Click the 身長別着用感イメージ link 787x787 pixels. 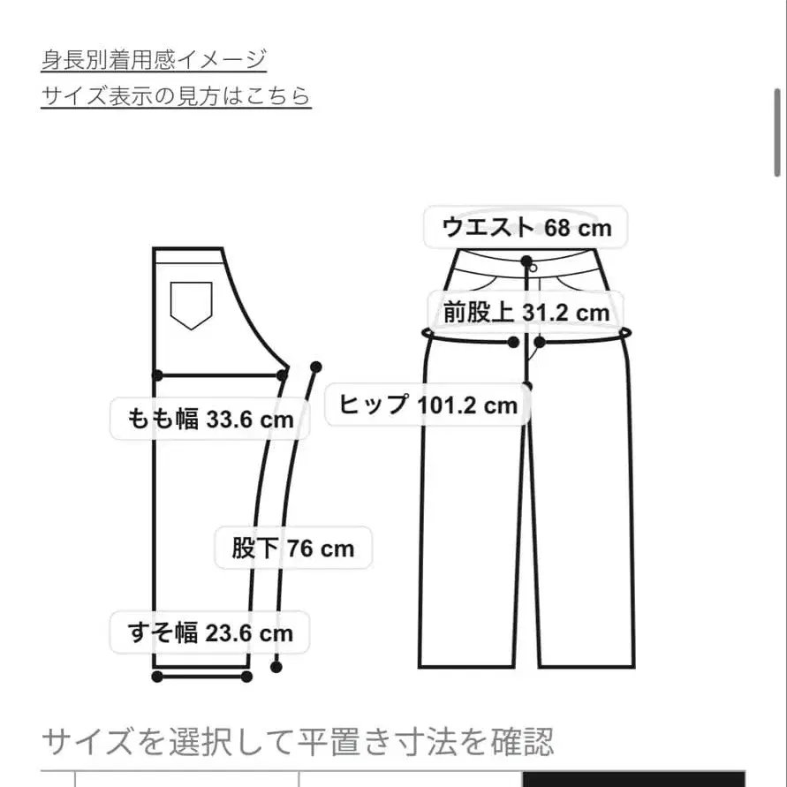(x=154, y=60)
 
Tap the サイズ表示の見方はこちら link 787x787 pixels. (x=176, y=95)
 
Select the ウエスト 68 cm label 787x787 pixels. (x=526, y=228)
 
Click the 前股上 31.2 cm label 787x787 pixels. (x=526, y=312)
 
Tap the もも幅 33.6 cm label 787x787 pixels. (x=210, y=419)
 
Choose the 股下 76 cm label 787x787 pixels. (x=293, y=549)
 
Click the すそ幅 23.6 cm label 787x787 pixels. (x=210, y=632)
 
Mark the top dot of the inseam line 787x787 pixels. (x=316, y=367)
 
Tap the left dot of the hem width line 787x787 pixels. (x=157, y=677)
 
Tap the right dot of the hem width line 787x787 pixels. (x=246, y=677)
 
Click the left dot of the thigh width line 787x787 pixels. (x=157, y=375)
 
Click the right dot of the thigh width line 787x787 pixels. (x=283, y=375)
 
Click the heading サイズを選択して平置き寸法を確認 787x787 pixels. (x=298, y=741)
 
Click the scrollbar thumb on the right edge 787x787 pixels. (x=778, y=132)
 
